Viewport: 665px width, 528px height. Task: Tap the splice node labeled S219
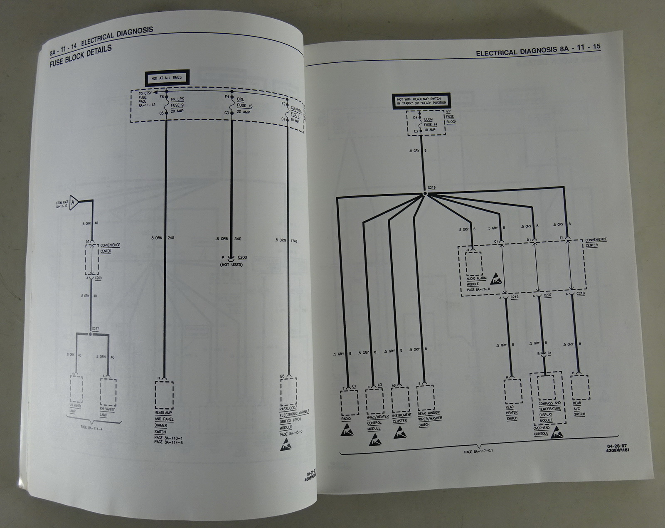tap(425, 194)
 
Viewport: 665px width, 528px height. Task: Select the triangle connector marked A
tap(74, 202)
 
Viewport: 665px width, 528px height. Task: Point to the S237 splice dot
tap(91, 334)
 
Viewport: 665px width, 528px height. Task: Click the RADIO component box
tap(349, 402)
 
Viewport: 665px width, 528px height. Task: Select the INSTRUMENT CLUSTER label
tap(401, 418)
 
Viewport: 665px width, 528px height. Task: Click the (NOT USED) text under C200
tap(232, 264)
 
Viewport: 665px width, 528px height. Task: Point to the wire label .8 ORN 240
tap(163, 238)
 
